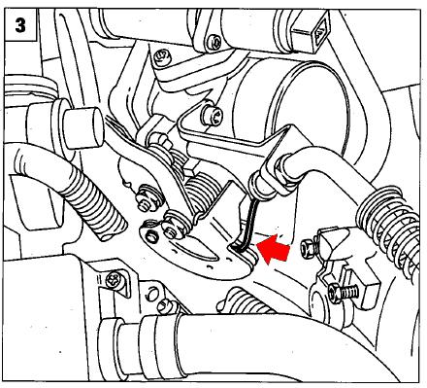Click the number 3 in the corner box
click(20, 25)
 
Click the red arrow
click(274, 249)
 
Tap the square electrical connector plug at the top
click(312, 31)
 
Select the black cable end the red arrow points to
click(246, 226)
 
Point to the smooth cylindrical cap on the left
click(83, 127)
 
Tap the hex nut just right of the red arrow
click(307, 248)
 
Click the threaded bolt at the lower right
click(344, 292)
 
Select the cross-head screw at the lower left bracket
click(115, 279)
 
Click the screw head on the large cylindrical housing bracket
click(213, 115)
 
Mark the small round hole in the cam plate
click(150, 236)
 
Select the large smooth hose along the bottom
click(259, 347)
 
